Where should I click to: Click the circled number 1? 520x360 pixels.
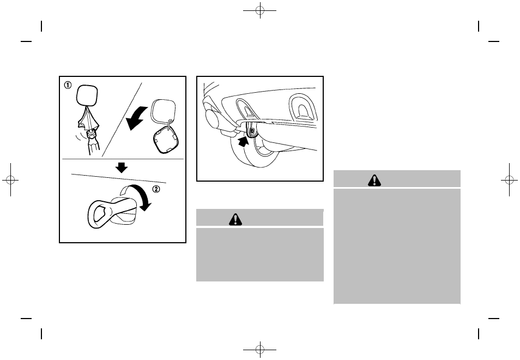[68, 85]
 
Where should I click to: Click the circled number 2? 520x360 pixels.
[156, 189]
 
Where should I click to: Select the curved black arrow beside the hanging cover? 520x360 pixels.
[136, 118]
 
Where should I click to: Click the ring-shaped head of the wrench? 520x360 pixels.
[99, 213]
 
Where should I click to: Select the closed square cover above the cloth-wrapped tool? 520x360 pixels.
[87, 95]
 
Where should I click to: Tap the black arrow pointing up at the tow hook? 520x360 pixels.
[243, 142]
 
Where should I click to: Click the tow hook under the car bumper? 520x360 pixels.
[251, 130]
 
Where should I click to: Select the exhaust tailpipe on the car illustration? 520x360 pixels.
[215, 119]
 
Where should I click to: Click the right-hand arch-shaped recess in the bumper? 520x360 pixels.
[303, 108]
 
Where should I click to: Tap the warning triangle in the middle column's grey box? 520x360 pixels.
[235, 219]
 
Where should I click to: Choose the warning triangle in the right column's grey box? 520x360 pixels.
[374, 180]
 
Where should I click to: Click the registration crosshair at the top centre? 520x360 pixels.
[260, 10]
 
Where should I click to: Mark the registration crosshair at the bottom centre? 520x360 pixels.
[260, 350]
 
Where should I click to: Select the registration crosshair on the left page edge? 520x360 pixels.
[10, 180]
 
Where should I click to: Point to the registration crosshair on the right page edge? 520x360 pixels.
[510, 180]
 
